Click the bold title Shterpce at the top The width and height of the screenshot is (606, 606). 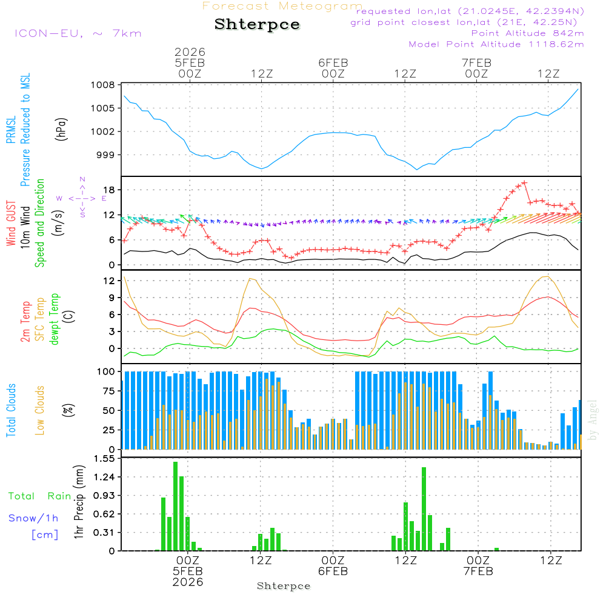pos(257,25)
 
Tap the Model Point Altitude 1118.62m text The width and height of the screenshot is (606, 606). pos(496,44)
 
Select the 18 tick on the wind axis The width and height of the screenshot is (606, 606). pos(109,190)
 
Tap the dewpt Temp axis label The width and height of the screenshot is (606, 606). pos(54,319)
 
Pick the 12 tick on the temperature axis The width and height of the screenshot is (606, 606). pos(109,281)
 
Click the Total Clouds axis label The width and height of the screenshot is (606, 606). pos(11,410)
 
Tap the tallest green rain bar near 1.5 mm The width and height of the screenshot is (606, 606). pos(175,506)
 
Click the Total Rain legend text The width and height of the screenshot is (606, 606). pos(39,496)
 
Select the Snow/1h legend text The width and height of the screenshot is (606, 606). pos(33,518)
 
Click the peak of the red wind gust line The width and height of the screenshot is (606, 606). pos(524,182)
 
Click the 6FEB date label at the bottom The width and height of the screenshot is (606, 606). pos(333,571)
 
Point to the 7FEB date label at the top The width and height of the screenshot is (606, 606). pos(476,62)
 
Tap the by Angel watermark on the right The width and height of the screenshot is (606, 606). pos(593,421)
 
